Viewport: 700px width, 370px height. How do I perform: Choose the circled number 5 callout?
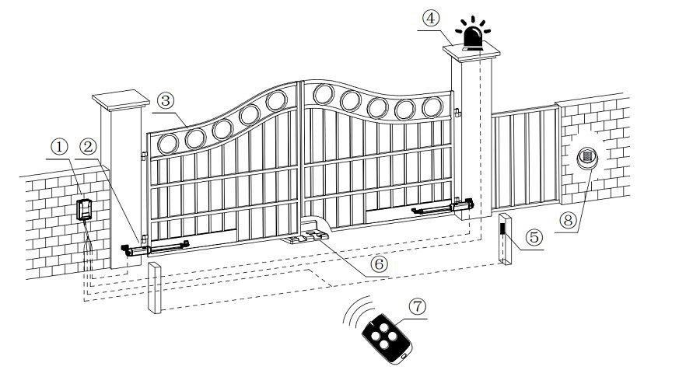tap(533, 237)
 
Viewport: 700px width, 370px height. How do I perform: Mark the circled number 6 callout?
tap(379, 264)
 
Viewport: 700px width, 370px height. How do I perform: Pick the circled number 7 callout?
tap(418, 306)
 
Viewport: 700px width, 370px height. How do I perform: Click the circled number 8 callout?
tap(572, 220)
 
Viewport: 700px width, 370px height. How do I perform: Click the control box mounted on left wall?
tap(84, 208)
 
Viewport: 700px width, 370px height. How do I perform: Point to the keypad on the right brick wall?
tap(586, 159)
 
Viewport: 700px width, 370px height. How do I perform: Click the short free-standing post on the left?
tap(153, 289)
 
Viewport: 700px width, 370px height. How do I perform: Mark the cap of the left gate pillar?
tap(121, 100)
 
